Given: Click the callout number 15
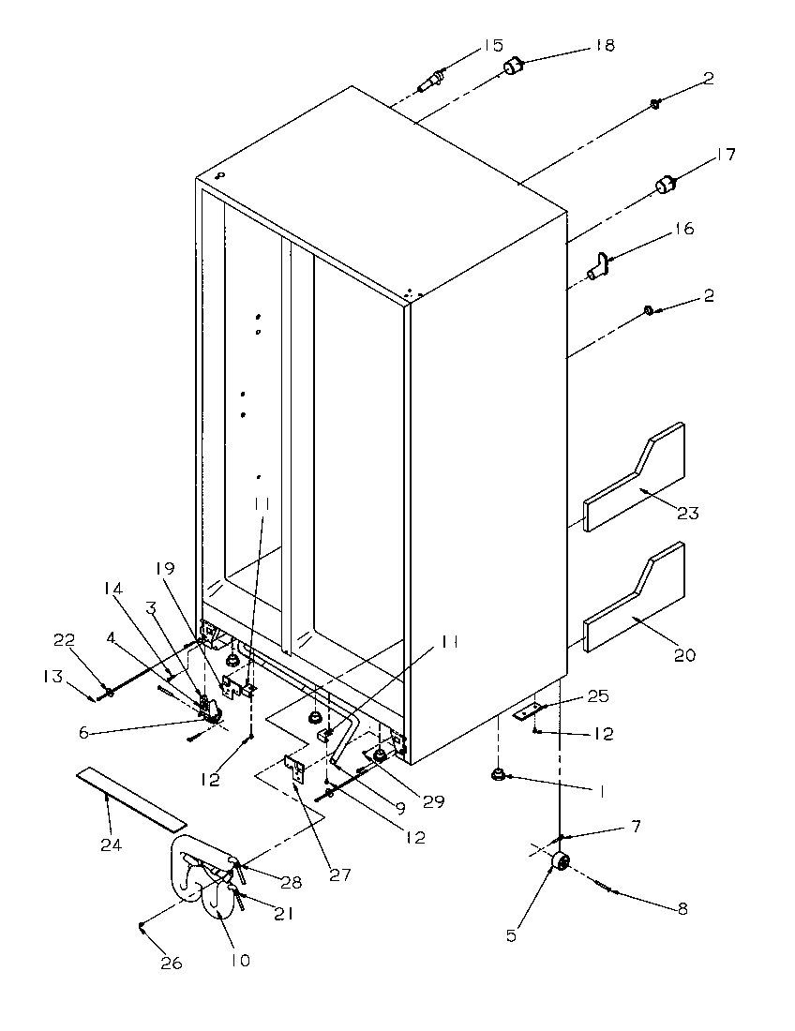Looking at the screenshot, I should point(492,45).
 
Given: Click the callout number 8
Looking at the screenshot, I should point(681,908).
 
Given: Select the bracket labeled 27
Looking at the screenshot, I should point(294,767).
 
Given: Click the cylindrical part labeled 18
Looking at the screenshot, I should point(513,67).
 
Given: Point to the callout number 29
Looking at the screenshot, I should point(433,801).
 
